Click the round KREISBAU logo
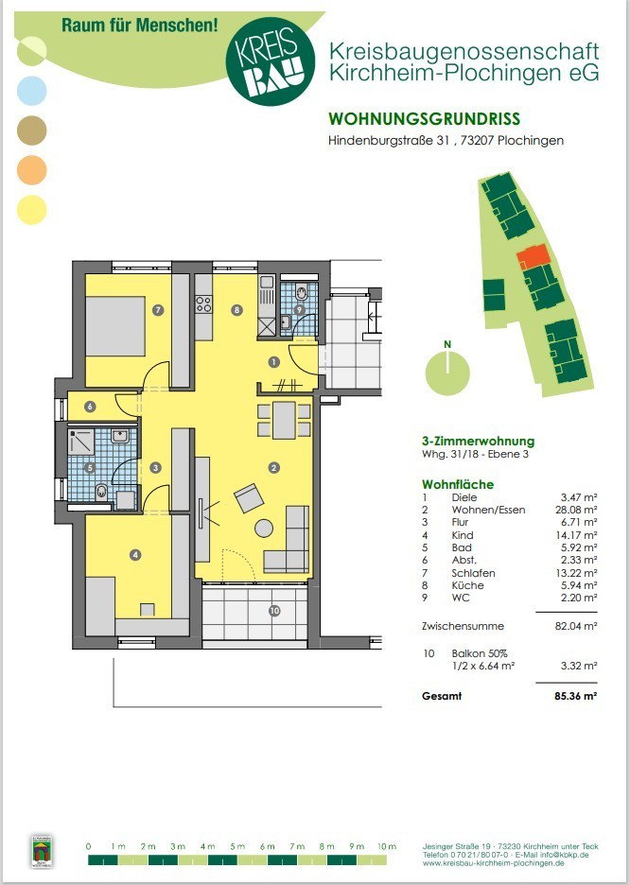click(270, 61)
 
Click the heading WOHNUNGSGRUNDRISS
click(425, 119)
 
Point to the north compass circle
click(447, 373)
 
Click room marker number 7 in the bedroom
click(158, 309)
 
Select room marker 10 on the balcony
click(274, 610)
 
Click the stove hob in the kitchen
click(203, 304)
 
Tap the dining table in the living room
click(284, 421)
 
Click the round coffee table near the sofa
click(264, 529)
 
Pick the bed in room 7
click(115, 326)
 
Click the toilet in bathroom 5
click(101, 492)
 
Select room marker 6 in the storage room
click(90, 407)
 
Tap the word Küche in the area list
click(467, 585)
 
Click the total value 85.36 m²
click(576, 696)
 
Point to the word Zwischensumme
click(463, 626)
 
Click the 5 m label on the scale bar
click(237, 846)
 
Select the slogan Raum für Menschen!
click(139, 25)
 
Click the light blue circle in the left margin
click(31, 91)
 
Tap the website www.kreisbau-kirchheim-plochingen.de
click(493, 863)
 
